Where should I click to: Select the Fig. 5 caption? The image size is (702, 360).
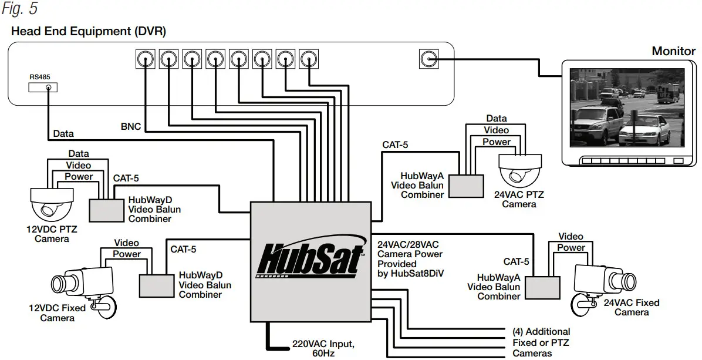(x=20, y=8)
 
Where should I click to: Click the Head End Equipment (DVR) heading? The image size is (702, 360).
(x=89, y=31)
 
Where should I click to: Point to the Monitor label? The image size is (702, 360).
(x=673, y=51)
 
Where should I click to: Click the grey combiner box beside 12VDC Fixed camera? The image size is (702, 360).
(x=157, y=285)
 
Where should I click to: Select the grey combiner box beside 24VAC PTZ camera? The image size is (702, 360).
(x=466, y=186)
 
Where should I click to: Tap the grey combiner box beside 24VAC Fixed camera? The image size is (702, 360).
(x=542, y=287)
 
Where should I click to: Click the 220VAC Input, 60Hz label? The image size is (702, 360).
(x=323, y=348)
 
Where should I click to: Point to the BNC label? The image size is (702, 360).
(x=131, y=127)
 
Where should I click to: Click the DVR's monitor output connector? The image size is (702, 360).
(x=428, y=59)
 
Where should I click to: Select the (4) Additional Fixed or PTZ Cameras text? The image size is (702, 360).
(x=541, y=342)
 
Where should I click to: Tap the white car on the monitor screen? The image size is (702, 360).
(x=644, y=129)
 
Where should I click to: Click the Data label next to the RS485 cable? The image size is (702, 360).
(x=63, y=133)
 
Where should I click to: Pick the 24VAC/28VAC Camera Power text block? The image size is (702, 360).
(x=410, y=259)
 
